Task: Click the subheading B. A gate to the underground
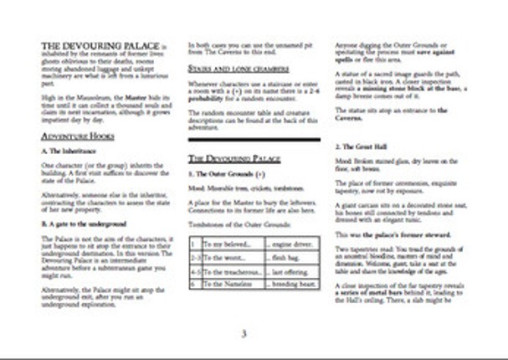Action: point(84,225)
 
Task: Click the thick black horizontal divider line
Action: point(254,138)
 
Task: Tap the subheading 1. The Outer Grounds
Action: point(226,173)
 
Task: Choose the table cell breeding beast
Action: point(290,285)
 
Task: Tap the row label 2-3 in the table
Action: point(194,257)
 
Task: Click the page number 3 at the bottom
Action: point(244,334)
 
